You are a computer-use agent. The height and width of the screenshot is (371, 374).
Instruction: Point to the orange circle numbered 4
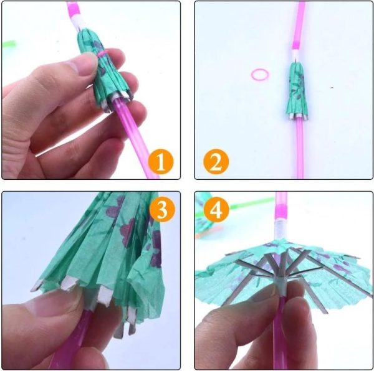coord(216,212)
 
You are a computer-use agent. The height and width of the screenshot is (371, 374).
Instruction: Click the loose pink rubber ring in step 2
coord(260,75)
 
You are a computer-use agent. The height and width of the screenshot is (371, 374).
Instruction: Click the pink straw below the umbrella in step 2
coord(299,149)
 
